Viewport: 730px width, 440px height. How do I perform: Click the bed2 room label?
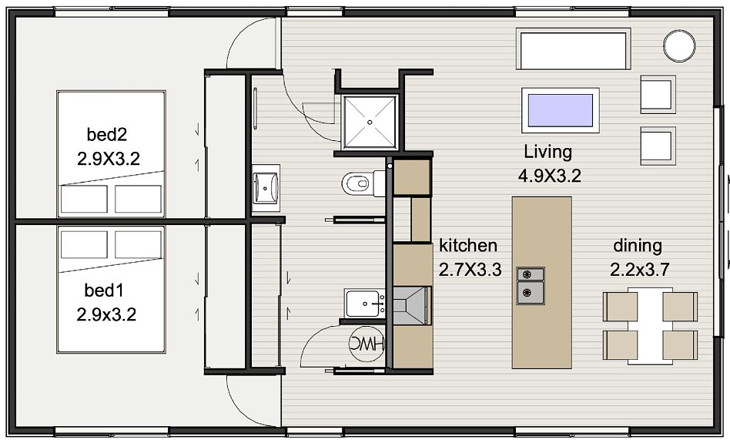[106, 135]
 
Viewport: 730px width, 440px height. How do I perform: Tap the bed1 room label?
[104, 291]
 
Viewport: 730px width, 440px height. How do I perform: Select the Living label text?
[548, 152]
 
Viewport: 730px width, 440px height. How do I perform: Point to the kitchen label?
[468, 245]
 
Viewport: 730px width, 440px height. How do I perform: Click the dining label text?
[638, 246]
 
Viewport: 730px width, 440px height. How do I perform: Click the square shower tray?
[370, 122]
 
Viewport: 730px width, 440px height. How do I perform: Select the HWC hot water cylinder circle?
[367, 344]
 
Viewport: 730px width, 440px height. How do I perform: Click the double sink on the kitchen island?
[531, 285]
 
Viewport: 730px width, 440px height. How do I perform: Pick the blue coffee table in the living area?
[561, 110]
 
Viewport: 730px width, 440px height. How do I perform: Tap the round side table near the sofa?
[679, 45]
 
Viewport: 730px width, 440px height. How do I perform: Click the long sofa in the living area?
[573, 49]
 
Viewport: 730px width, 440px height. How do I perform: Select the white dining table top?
[651, 326]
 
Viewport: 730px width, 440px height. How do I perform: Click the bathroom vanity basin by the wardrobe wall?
[266, 188]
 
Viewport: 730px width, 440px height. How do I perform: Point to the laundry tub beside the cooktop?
[364, 304]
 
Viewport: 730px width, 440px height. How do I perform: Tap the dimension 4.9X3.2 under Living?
[549, 176]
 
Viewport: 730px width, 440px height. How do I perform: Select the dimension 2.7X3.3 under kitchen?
[470, 270]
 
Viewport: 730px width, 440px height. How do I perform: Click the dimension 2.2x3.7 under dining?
[640, 270]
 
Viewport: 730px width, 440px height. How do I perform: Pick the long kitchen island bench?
[542, 283]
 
